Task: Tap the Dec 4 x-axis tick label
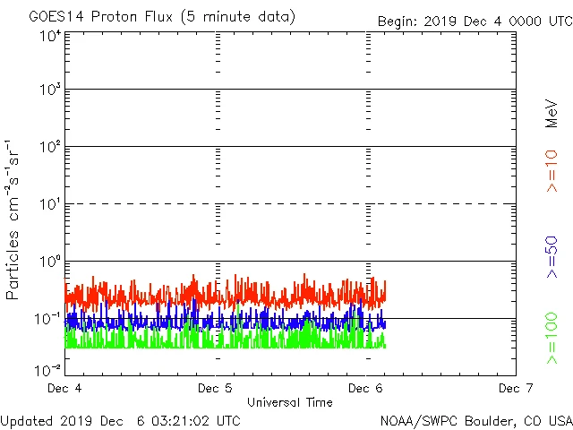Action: [x=64, y=388]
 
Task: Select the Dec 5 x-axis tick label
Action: [x=215, y=388]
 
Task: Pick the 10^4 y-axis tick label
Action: [x=50, y=35]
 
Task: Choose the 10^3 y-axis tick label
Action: [x=50, y=90]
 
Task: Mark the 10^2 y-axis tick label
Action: [x=50, y=148]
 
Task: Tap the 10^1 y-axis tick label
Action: [x=50, y=205]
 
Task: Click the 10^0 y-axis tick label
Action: [x=50, y=262]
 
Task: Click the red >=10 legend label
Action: [x=552, y=171]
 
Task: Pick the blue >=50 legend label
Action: [x=552, y=256]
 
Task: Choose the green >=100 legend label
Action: [x=552, y=339]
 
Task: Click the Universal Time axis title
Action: [x=289, y=402]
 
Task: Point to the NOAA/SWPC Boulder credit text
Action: [x=475, y=420]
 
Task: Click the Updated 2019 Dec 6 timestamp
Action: [x=121, y=420]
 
